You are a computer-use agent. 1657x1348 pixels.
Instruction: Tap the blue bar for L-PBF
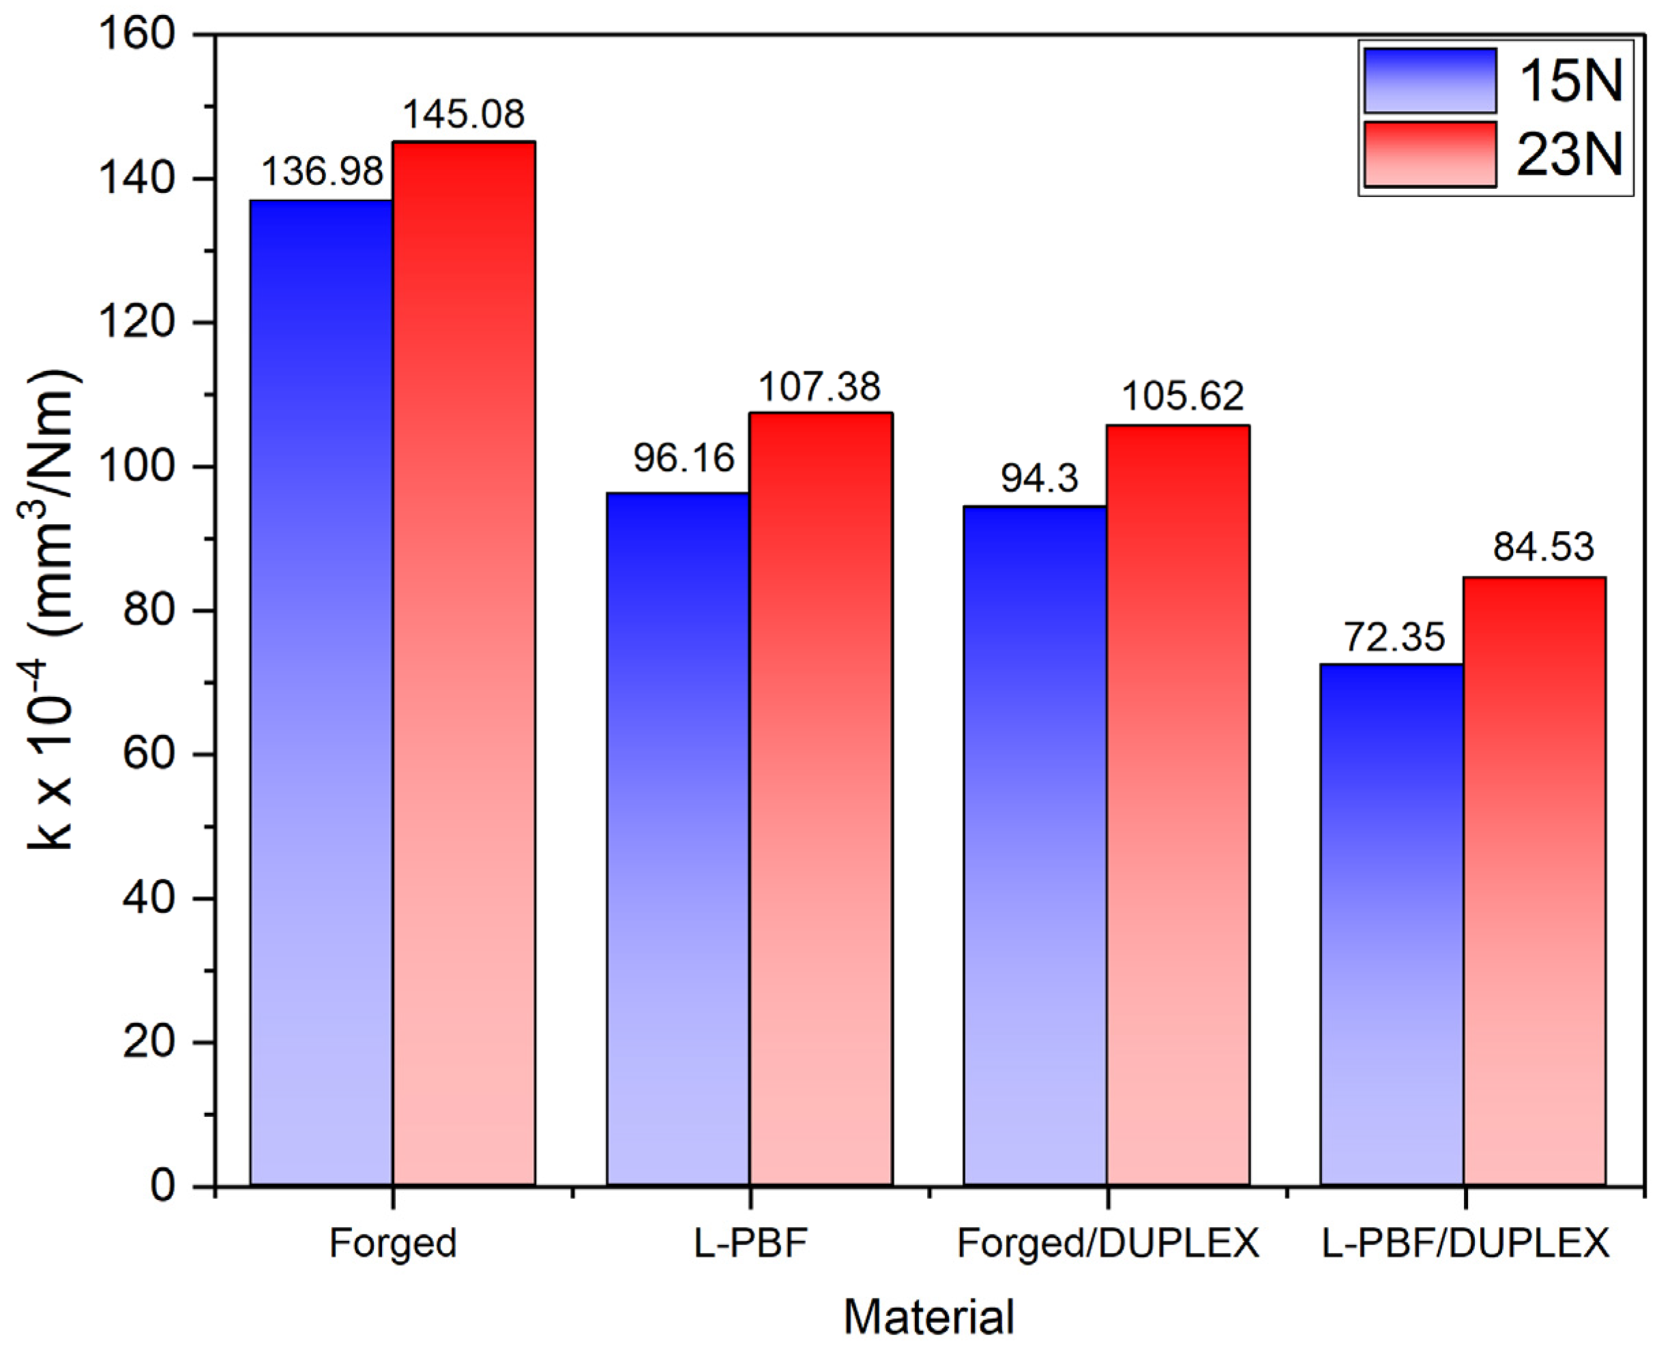point(677,839)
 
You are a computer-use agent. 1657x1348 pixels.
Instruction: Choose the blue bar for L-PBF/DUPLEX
point(1392,924)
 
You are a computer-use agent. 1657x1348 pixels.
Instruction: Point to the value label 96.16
point(684,458)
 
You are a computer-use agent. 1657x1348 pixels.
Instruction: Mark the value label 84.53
point(1543,548)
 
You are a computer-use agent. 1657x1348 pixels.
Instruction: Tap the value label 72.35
point(1394,638)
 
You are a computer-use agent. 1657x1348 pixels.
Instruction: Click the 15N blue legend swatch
point(1429,80)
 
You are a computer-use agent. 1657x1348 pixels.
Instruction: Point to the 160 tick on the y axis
point(147,34)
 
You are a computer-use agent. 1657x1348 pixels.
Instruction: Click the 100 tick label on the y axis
point(147,466)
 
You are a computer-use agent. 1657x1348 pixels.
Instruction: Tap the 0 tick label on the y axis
point(163,1186)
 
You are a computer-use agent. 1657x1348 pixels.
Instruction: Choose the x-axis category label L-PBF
point(750,1243)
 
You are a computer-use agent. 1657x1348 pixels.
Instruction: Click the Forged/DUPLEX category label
point(1108,1243)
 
